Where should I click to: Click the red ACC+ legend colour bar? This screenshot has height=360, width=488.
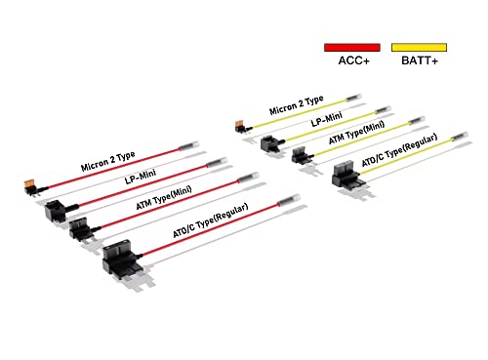pyautogui.click(x=352, y=48)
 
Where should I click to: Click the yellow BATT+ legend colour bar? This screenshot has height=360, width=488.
pyautogui.click(x=419, y=48)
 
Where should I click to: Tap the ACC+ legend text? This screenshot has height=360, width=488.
pyautogui.click(x=354, y=60)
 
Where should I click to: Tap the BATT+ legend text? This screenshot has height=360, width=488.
pyautogui.click(x=420, y=60)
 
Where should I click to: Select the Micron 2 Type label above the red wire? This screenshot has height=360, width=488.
pyautogui.click(x=108, y=161)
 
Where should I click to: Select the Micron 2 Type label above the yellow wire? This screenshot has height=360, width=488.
pyautogui.click(x=297, y=105)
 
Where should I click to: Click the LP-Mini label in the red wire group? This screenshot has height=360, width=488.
pyautogui.click(x=141, y=177)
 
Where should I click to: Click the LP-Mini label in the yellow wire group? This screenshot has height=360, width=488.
pyautogui.click(x=327, y=119)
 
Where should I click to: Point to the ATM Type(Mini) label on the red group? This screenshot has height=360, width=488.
pyautogui.click(x=164, y=198)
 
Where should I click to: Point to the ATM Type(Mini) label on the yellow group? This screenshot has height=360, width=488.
pyautogui.click(x=356, y=133)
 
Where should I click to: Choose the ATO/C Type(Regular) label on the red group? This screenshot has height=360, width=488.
pyautogui.click(x=211, y=220)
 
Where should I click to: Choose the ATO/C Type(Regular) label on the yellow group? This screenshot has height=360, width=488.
pyautogui.click(x=400, y=150)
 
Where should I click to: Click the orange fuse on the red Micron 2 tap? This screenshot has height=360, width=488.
pyautogui.click(x=30, y=184)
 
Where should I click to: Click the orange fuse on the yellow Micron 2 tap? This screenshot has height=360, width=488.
pyautogui.click(x=241, y=123)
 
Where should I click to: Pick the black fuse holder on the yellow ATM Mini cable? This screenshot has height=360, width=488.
pyautogui.click(x=302, y=154)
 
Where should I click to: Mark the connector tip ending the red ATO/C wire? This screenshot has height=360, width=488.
pyautogui.click(x=289, y=200)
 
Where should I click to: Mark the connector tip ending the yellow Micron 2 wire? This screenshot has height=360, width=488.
pyautogui.click(x=354, y=98)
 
